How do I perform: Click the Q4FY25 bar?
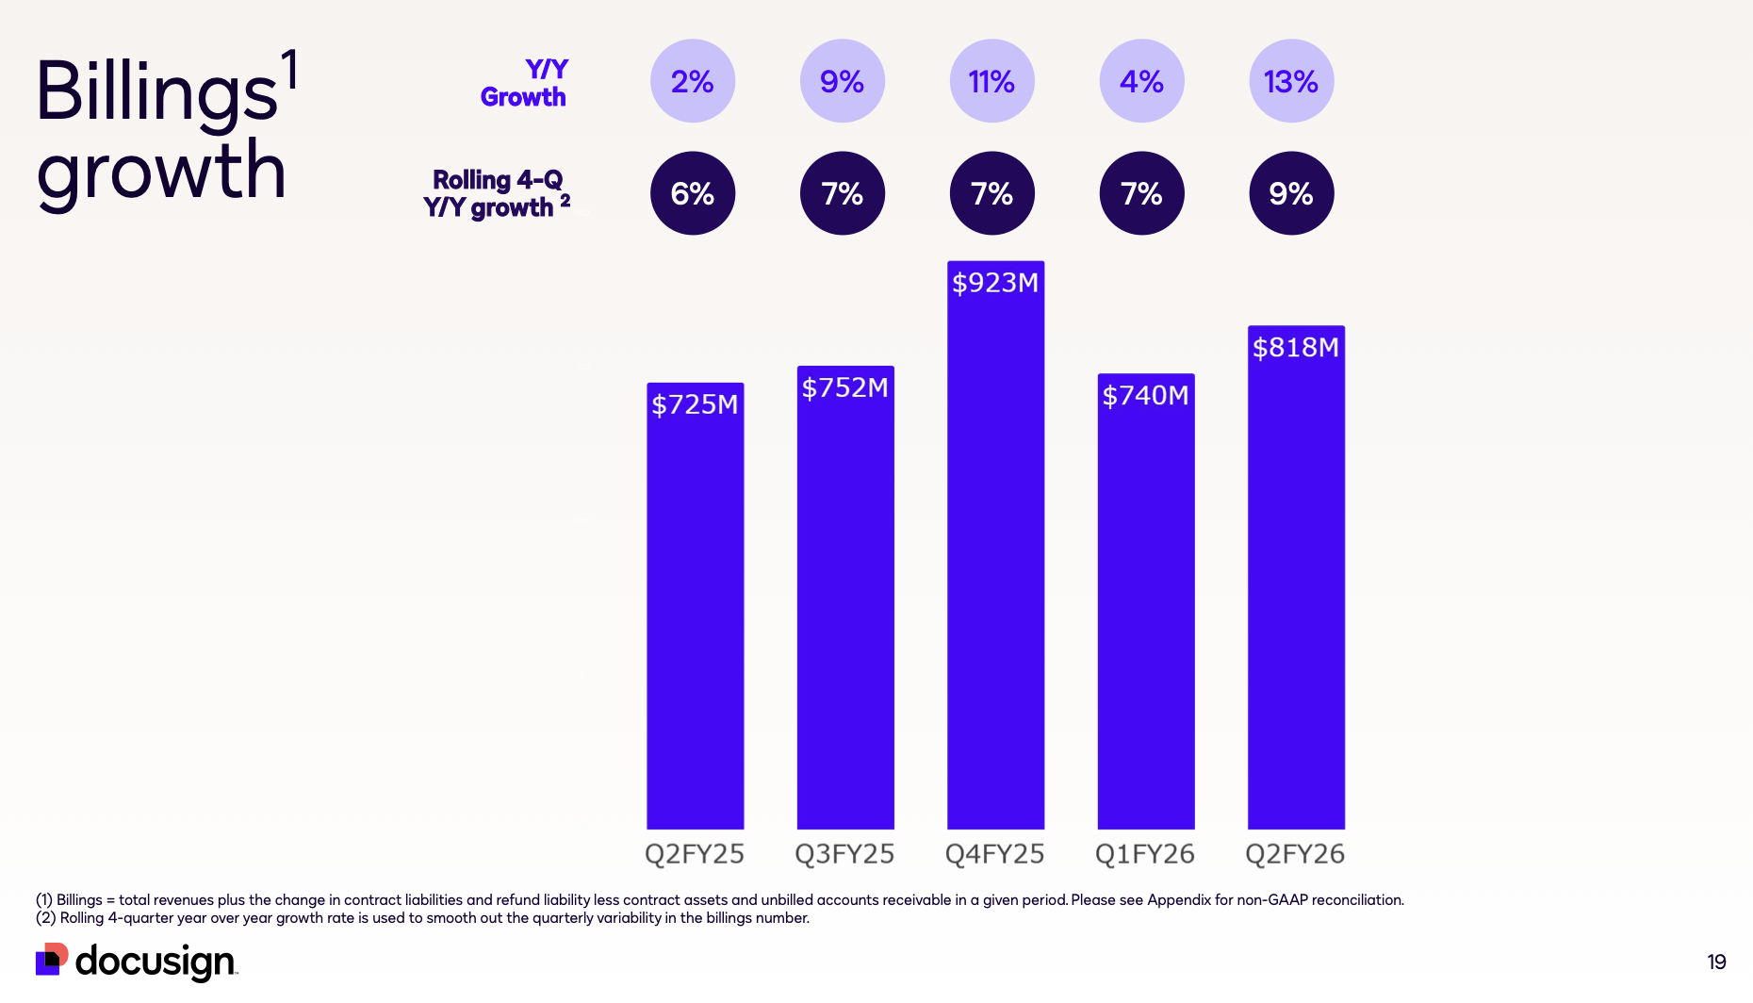click(x=995, y=566)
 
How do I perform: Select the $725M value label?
click(x=695, y=404)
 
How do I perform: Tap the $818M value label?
click(x=1296, y=348)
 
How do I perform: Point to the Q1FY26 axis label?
click(x=1144, y=854)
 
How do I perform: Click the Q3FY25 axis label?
click(x=844, y=854)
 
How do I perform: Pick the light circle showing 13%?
click(x=1291, y=81)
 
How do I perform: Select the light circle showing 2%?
click(x=693, y=81)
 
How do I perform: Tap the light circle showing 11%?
click(x=991, y=81)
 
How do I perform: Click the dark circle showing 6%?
click(x=693, y=193)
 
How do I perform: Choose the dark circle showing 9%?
click(x=1291, y=193)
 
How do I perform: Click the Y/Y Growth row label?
click(x=524, y=83)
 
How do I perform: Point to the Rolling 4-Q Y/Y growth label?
click(x=496, y=193)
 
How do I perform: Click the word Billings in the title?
click(x=156, y=91)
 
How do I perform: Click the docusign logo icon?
click(x=52, y=960)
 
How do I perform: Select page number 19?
click(x=1716, y=962)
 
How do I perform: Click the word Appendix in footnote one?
click(x=1178, y=900)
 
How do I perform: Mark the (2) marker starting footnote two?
click(x=45, y=918)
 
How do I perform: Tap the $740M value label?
click(x=1145, y=395)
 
